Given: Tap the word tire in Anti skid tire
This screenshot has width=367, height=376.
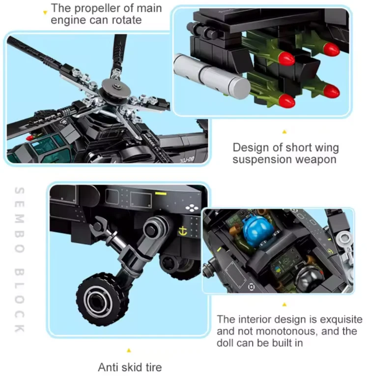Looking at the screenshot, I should [151, 367].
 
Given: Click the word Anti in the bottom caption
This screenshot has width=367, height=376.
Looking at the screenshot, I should [108, 367].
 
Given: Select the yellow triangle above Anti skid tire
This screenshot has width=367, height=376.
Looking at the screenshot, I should [129, 350].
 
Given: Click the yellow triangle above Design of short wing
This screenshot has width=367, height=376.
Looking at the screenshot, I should [283, 132].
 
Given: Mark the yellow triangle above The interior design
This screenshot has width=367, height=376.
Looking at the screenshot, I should [283, 304].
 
